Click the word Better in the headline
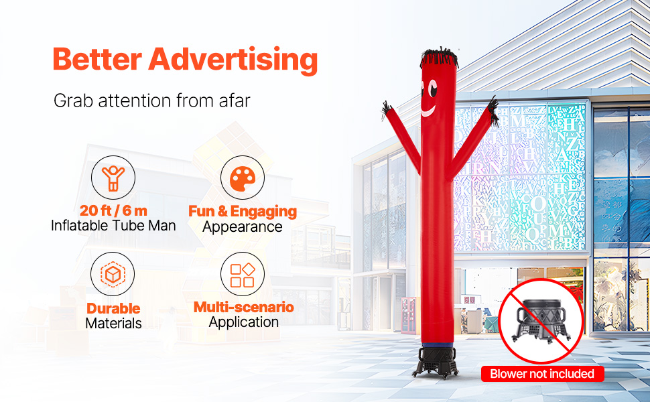click(x=97, y=60)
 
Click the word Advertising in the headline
click(x=233, y=60)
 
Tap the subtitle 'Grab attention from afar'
click(x=152, y=101)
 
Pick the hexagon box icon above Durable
click(x=113, y=273)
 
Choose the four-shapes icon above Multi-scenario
click(x=242, y=273)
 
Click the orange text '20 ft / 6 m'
click(x=113, y=211)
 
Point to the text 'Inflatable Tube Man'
click(x=113, y=226)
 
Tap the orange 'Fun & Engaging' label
click(x=242, y=211)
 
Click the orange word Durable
click(x=113, y=308)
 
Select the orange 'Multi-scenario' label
click(x=243, y=308)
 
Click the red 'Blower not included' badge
click(x=542, y=374)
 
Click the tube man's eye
click(x=432, y=88)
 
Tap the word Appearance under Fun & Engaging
click(x=242, y=226)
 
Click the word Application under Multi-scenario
click(x=243, y=322)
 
